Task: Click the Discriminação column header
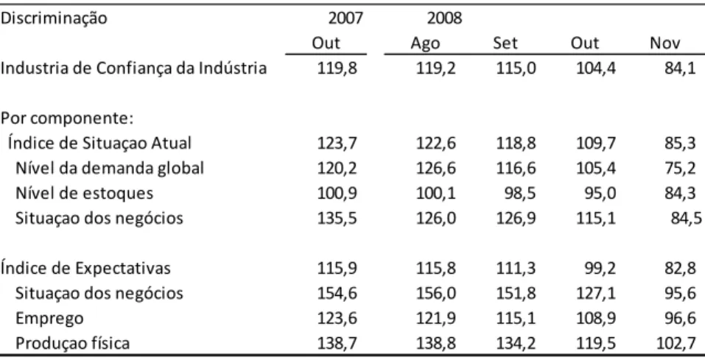point(54,19)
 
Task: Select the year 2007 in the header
point(346,18)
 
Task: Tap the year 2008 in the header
point(444,18)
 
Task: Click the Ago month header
point(425,44)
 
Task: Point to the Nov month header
point(665,43)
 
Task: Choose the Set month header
point(505,43)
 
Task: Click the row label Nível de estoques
point(84,194)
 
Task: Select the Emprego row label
point(49,319)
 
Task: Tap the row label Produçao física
point(72,343)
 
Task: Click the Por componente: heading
point(67,119)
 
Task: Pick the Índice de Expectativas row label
point(85,268)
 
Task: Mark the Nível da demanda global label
point(110,168)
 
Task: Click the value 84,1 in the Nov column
point(680,68)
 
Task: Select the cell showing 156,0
point(435,294)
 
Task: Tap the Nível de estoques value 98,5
point(521,194)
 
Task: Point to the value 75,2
point(680,169)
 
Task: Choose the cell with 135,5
point(337,219)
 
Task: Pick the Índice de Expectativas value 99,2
point(600,269)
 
